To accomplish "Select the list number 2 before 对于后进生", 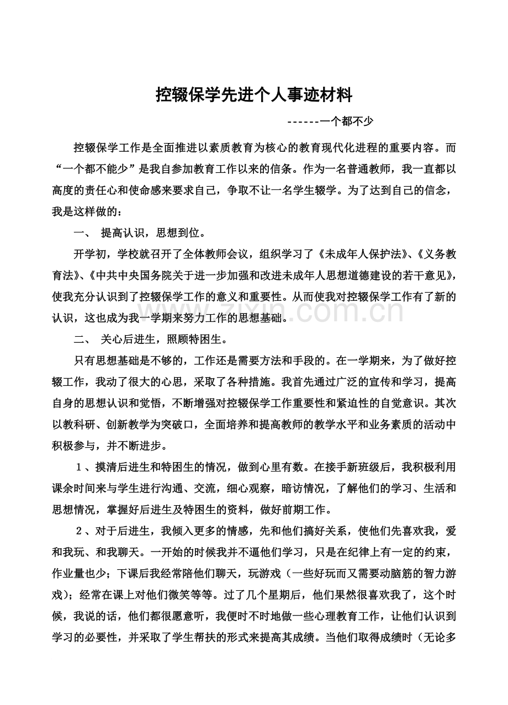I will (80, 532).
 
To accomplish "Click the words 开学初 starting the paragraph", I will (90, 254).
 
